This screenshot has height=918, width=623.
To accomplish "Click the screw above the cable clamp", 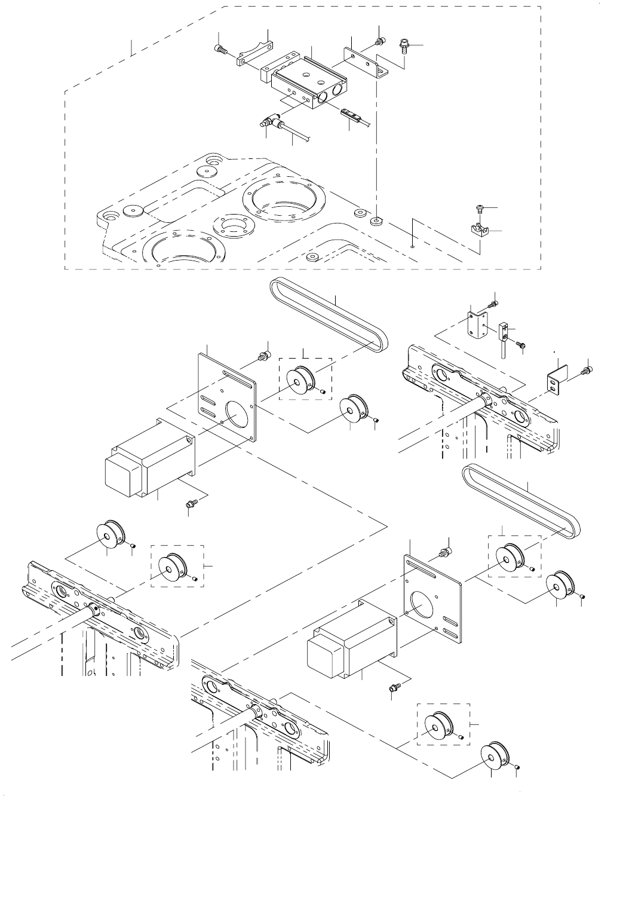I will pyautogui.click(x=479, y=208).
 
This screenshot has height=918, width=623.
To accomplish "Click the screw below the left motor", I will pyautogui.click(x=189, y=505).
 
